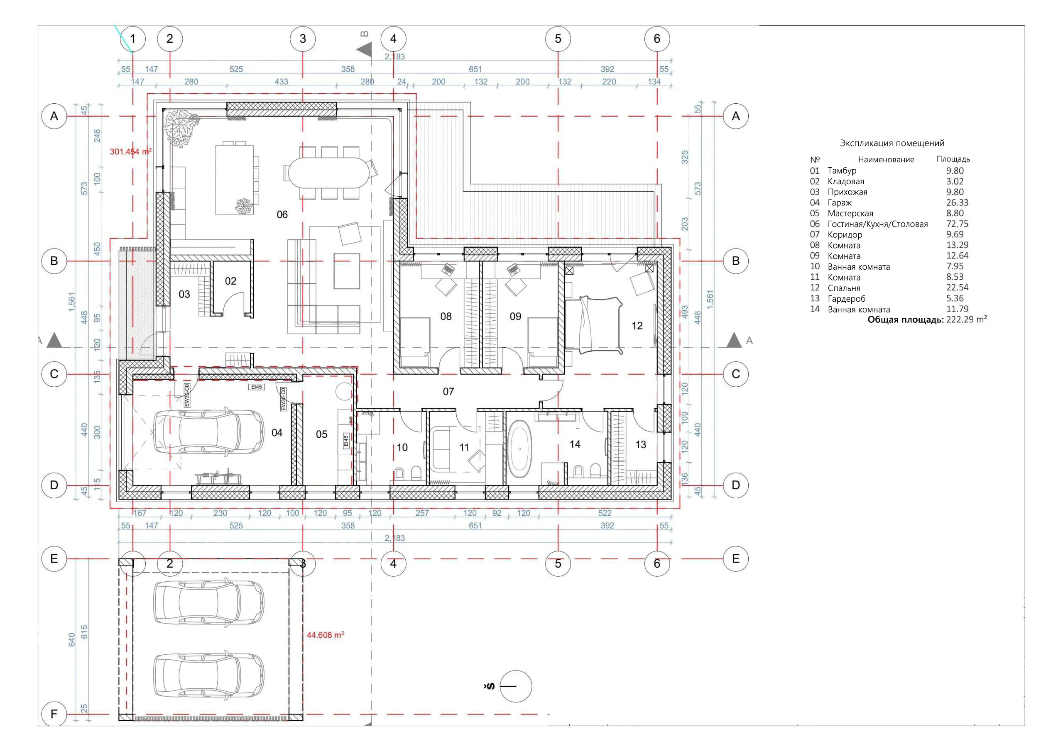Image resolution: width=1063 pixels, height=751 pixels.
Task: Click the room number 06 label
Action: point(282,215)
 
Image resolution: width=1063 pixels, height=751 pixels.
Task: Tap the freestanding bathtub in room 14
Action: point(520,449)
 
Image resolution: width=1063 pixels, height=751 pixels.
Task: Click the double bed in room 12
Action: point(593,325)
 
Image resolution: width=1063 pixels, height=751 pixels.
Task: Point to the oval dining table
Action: point(329,173)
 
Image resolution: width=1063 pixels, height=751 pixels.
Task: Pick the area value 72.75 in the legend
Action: point(957,224)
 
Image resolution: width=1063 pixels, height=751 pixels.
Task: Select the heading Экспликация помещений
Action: point(892,144)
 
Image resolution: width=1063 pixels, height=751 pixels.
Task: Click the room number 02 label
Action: point(230,281)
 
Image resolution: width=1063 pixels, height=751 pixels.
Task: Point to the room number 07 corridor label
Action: point(448,392)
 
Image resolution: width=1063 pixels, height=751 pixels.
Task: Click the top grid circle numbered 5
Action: point(558,39)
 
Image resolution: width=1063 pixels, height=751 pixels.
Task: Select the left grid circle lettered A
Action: point(54,116)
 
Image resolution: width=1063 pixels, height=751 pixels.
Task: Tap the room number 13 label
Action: point(640,445)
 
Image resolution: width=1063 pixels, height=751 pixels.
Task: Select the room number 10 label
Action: point(402,447)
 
